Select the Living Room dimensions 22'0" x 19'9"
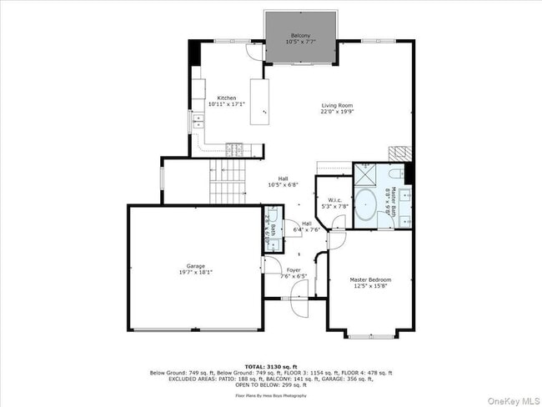pos(338,112)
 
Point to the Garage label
pos(196,266)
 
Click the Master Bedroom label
pos(370,279)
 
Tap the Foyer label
pos(294,270)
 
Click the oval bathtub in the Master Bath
pos(366,204)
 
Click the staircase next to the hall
pos(227,181)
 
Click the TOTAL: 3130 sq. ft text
pos(270,365)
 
